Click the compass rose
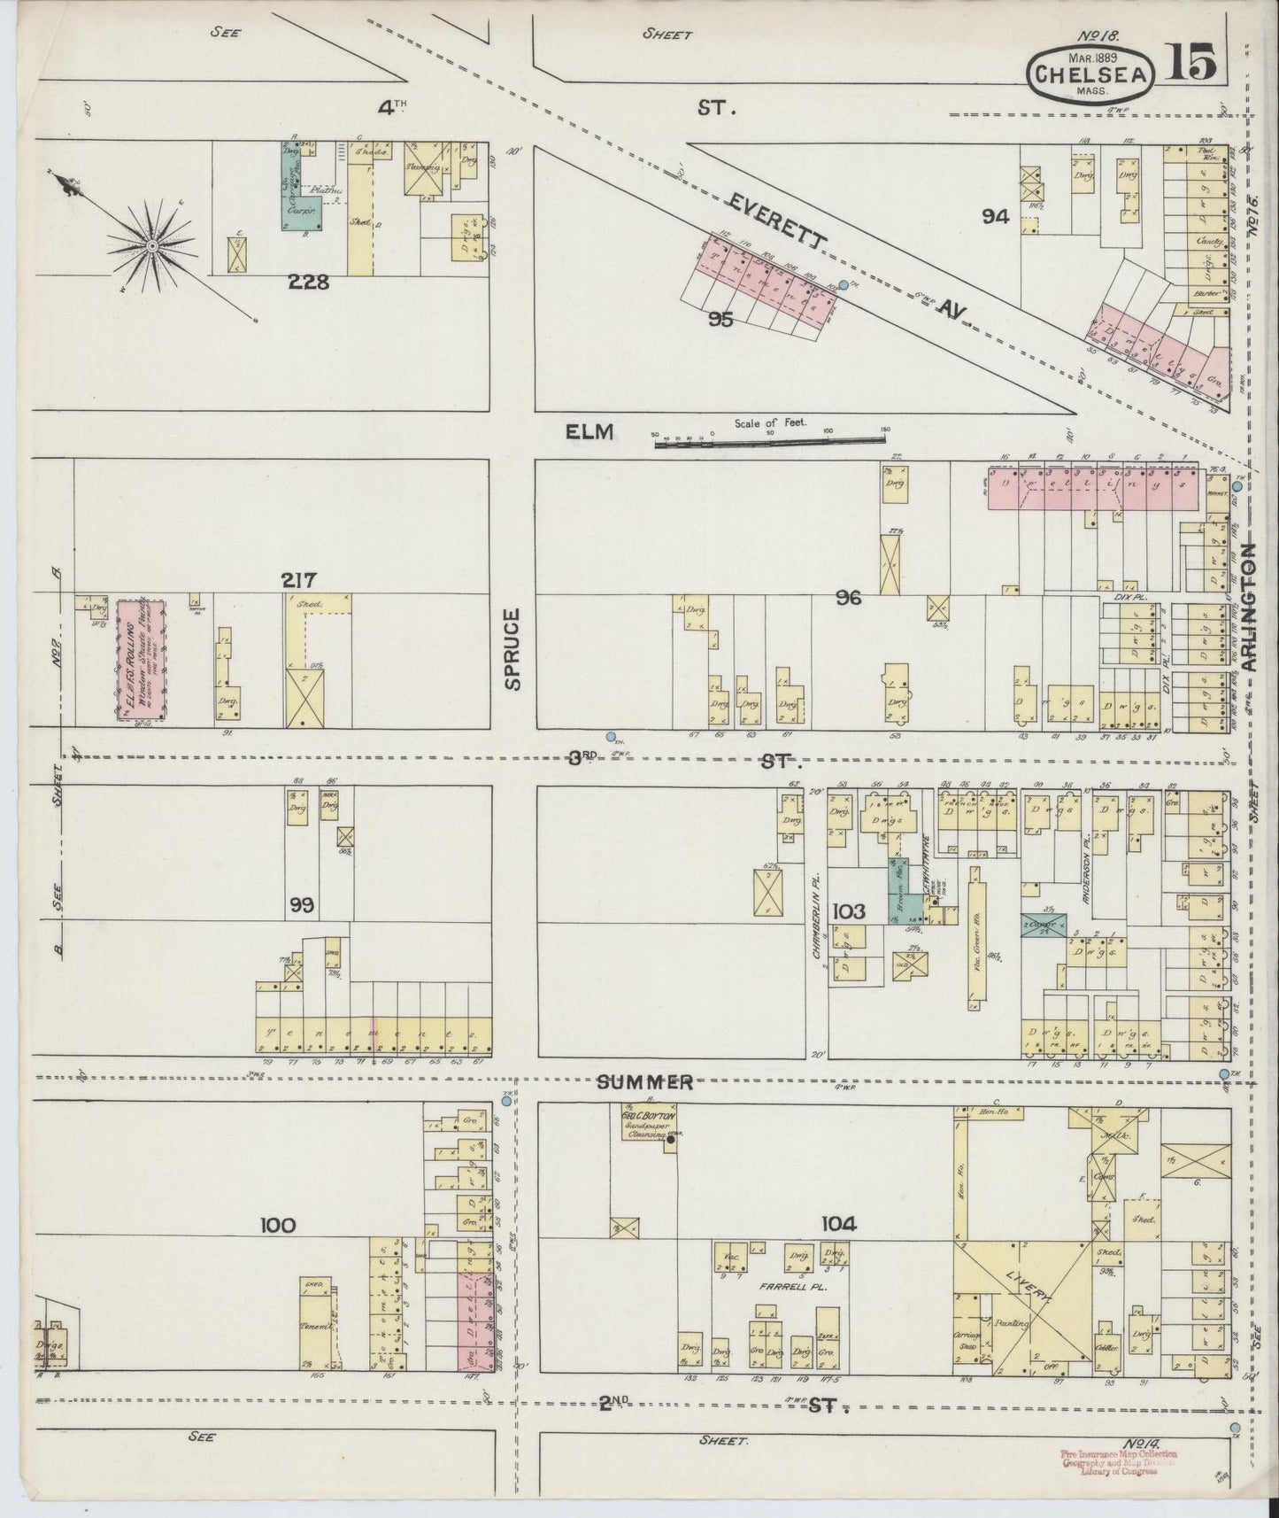tap(153, 244)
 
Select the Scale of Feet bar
tap(771, 440)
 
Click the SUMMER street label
tap(643, 1082)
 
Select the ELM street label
tap(590, 431)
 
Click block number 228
tap(308, 282)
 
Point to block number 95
tap(721, 320)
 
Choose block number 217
tap(299, 580)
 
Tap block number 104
tap(839, 1225)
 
